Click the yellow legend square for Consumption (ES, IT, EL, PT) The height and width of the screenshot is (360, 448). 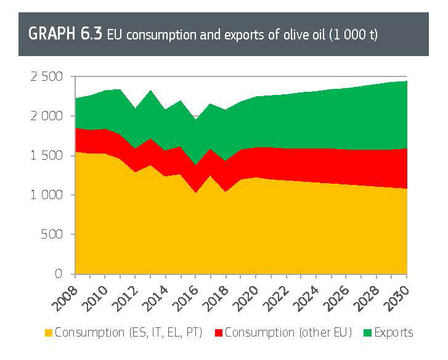point(48,333)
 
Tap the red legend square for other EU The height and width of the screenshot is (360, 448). point(218,333)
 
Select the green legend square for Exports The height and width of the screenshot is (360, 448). point(368,333)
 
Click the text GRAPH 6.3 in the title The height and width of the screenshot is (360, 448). point(66,34)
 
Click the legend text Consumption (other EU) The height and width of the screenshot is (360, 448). point(288,333)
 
